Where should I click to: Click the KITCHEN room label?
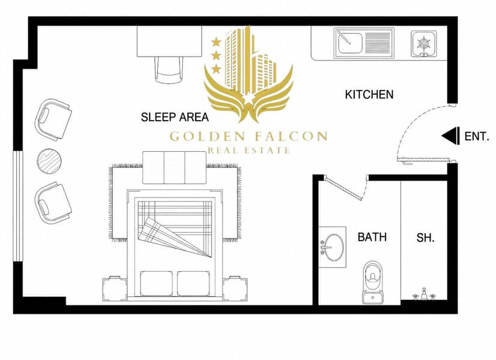click(369, 95)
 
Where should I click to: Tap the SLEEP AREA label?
click(175, 117)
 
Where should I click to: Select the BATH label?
click(372, 237)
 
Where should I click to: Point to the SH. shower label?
click(426, 238)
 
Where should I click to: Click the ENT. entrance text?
click(477, 137)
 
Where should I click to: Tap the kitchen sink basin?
click(349, 43)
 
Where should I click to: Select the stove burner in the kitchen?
click(423, 44)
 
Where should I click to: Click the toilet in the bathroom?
click(373, 282)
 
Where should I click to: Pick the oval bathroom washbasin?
click(333, 247)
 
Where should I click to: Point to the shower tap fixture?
click(423, 295)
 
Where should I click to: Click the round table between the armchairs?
click(49, 161)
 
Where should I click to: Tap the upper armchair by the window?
click(53, 119)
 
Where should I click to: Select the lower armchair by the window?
click(53, 202)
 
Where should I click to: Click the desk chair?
click(169, 70)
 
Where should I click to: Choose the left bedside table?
click(114, 288)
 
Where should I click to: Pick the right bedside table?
click(235, 288)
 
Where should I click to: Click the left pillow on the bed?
click(156, 284)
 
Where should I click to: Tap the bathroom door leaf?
click(344, 189)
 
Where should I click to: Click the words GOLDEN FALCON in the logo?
click(249, 136)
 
